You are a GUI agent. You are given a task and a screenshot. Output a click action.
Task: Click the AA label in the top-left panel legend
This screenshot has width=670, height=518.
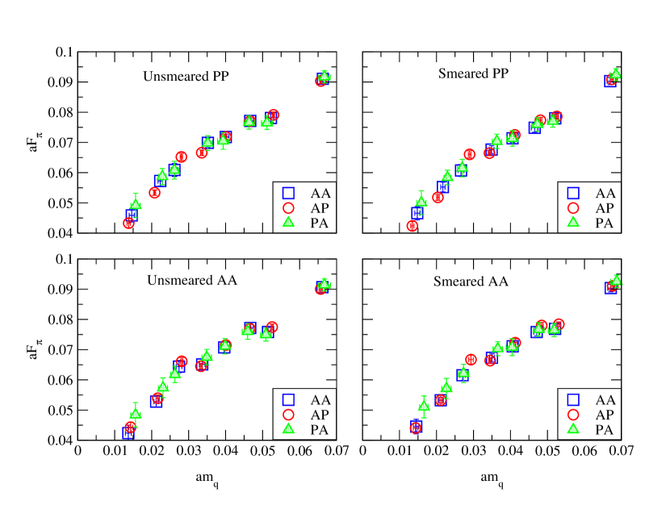click(320, 194)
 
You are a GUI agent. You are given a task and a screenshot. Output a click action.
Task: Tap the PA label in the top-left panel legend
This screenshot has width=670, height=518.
click(320, 223)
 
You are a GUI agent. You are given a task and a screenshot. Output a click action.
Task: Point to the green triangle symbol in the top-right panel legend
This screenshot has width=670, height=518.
click(573, 223)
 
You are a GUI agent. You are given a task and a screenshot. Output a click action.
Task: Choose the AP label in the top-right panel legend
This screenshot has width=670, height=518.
click(605, 208)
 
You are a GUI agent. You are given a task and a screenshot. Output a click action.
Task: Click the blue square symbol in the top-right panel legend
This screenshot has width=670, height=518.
click(573, 194)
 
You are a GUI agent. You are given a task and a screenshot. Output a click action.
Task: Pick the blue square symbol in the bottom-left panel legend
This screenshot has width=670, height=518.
click(288, 399)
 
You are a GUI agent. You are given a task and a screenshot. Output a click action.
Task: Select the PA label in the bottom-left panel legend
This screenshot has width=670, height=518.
click(320, 429)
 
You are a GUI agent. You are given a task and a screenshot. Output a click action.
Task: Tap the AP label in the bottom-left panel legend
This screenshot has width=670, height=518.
click(320, 414)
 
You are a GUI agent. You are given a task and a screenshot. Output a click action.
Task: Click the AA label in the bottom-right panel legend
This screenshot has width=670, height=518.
click(605, 399)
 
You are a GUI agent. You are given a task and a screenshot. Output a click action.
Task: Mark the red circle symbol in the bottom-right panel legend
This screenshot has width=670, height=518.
click(573, 414)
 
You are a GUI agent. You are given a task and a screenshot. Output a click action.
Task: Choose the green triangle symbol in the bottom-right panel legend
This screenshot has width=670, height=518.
click(573, 428)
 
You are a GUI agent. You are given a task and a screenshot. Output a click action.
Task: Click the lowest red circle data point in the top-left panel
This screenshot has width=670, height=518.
click(128, 223)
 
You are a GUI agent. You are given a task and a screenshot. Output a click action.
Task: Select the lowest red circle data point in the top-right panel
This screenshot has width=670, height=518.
click(412, 226)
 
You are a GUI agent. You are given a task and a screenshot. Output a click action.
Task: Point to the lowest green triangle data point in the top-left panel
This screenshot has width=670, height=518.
click(136, 204)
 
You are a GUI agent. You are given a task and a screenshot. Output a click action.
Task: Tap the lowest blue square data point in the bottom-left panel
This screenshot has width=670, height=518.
click(128, 432)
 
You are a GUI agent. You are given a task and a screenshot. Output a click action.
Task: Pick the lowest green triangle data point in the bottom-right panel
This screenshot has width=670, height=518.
click(424, 405)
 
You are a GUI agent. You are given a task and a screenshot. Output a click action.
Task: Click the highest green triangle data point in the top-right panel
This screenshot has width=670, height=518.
click(615, 73)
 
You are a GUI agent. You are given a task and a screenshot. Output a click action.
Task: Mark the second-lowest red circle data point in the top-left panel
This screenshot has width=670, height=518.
click(155, 193)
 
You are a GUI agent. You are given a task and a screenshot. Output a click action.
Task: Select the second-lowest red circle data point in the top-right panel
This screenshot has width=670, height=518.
click(438, 197)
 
